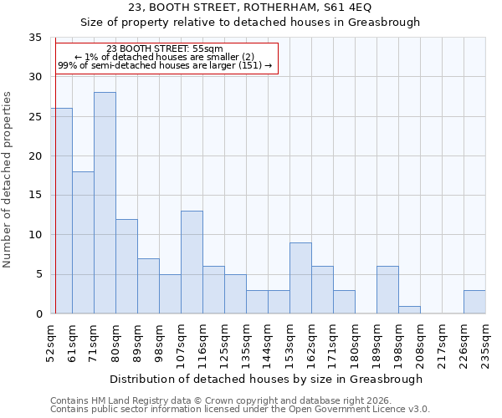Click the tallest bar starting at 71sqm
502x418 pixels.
click(105, 203)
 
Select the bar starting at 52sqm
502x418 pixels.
click(61, 211)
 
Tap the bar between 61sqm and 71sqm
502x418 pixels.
click(83, 242)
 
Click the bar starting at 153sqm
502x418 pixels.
click(300, 278)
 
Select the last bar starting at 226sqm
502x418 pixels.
click(474, 302)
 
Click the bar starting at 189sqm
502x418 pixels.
click(387, 290)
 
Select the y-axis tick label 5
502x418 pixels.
click(38, 275)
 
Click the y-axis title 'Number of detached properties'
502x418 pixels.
click(8, 180)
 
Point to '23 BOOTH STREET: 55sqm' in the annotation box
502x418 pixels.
click(165, 49)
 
